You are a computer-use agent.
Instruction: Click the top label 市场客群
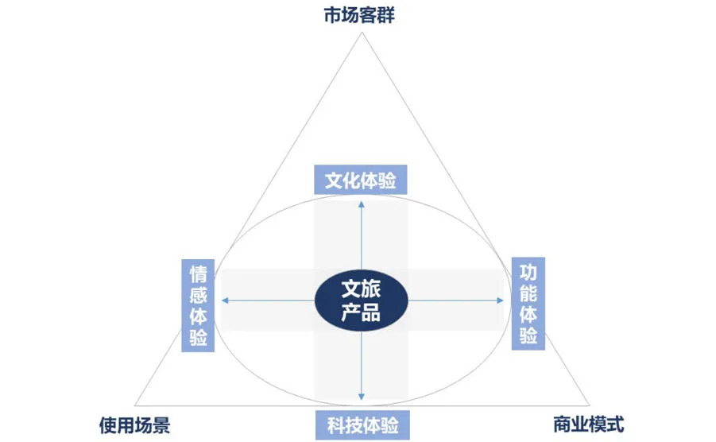[x=359, y=14]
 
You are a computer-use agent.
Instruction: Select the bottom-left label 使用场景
[x=134, y=425]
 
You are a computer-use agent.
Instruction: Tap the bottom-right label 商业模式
[x=588, y=425]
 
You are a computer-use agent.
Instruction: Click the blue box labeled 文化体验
[x=360, y=180]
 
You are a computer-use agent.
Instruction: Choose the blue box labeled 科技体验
[x=362, y=425]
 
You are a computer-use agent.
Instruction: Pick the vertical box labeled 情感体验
[x=198, y=305]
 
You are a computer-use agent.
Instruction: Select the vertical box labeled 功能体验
[x=528, y=304]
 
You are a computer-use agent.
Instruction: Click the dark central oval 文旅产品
[x=362, y=300]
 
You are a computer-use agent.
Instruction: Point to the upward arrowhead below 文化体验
[x=362, y=204]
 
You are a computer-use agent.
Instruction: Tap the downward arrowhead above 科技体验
[x=362, y=397]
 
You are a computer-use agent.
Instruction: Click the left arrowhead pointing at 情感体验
[x=225, y=300]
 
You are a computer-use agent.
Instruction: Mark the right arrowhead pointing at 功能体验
[x=501, y=300]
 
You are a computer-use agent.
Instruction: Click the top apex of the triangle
[x=362, y=32]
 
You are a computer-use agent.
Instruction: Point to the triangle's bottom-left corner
[x=135, y=405]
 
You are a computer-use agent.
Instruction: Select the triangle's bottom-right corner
[x=589, y=405]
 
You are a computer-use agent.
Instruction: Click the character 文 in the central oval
[x=350, y=289]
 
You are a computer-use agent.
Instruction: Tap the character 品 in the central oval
[x=371, y=312]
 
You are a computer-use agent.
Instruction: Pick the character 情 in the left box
[x=198, y=273]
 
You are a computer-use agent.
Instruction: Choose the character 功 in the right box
[x=528, y=272]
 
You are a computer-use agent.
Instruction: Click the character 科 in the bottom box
[x=336, y=425]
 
